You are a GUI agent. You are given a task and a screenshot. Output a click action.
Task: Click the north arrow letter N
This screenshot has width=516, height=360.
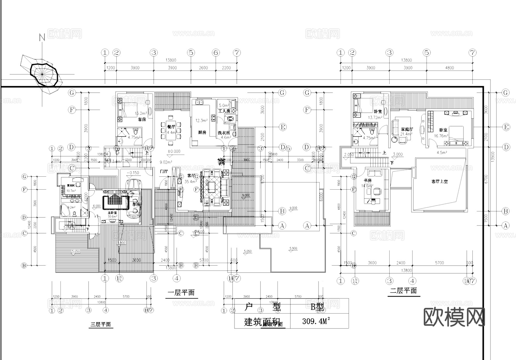(x=42, y=37)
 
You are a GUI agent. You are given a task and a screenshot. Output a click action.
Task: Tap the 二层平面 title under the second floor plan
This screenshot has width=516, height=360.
(x=403, y=291)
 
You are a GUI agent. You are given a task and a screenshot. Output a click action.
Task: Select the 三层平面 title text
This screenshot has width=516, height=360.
(x=101, y=324)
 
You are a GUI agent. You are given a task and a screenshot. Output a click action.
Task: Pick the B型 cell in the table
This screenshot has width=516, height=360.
(x=317, y=307)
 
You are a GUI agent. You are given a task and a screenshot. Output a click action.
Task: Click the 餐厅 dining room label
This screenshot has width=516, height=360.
(x=171, y=127)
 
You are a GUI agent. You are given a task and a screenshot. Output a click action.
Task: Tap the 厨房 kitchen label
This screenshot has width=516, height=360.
(x=202, y=133)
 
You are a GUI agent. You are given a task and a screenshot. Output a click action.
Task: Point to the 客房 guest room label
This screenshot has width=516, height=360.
(x=142, y=119)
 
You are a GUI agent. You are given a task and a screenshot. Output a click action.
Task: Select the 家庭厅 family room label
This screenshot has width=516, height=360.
(x=407, y=129)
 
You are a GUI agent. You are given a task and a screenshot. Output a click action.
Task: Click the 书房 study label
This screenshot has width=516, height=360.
(x=368, y=180)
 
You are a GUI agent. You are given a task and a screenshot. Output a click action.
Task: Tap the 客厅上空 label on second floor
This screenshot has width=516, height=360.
(x=439, y=182)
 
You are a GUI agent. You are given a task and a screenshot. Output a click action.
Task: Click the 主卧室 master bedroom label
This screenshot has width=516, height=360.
(x=112, y=213)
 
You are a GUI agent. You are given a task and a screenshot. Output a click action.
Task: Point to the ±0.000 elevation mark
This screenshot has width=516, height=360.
(x=174, y=151)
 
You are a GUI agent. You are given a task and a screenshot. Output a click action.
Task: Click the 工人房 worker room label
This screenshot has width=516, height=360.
(x=224, y=111)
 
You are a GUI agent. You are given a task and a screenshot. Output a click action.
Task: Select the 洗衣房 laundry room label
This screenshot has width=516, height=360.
(x=224, y=133)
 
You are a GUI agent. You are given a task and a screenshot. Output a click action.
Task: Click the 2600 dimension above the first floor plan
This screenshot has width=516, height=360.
(x=203, y=68)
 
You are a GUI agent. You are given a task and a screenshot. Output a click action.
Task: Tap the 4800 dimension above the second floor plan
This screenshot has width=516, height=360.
(x=449, y=68)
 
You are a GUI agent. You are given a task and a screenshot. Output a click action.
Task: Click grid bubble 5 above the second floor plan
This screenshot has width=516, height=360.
(x=427, y=53)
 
